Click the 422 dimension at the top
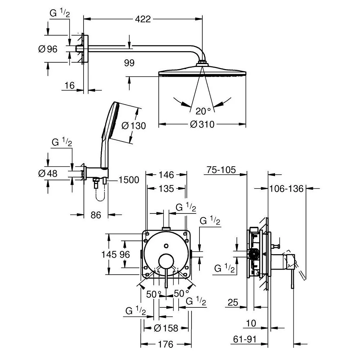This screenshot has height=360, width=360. click(143, 19)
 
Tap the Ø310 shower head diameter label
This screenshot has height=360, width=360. click(202, 125)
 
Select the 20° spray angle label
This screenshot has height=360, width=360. click(203, 111)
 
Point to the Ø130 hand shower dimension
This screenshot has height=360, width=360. click(134, 126)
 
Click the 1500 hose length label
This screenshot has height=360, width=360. click(129, 180)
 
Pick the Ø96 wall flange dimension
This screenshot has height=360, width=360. click(48, 49)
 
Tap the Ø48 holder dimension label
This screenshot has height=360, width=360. click(48, 174)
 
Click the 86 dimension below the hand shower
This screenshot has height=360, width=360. click(96, 215)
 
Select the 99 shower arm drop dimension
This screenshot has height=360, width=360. click(129, 63)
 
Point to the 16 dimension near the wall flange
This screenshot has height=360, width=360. click(69, 86)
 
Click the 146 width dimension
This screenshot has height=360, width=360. click(166, 175)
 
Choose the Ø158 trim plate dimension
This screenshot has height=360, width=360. click(166, 328)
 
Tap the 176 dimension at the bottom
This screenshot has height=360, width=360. click(166, 344)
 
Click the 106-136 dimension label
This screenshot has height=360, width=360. click(286, 189)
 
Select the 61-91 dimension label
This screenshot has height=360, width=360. click(245, 339)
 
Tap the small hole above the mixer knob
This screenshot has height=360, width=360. click(166, 246)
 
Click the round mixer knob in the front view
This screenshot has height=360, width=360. click(166, 261)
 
